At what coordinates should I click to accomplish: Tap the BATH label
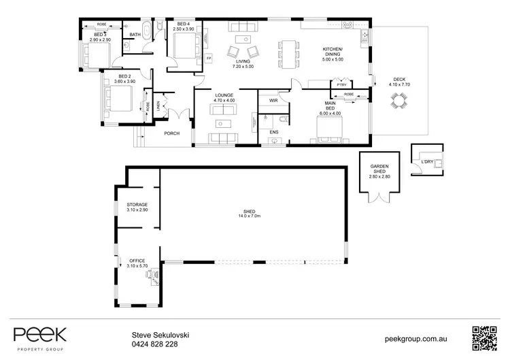[x=135, y=35]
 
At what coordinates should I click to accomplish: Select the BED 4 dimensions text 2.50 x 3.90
[x=184, y=29]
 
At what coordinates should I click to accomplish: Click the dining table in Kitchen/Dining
[x=288, y=54]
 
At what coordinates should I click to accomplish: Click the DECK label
[x=396, y=80]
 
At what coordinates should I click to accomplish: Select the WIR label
[x=273, y=100]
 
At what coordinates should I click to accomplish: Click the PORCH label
[x=172, y=133]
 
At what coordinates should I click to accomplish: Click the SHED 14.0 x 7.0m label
[x=250, y=213]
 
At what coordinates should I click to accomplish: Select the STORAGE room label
[x=137, y=204]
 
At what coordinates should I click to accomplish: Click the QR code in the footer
[x=483, y=338]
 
